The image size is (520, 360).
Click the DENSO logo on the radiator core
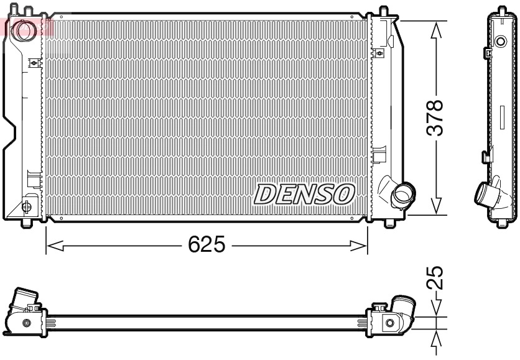tap(304, 195)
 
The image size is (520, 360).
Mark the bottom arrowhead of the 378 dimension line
tap(438, 206)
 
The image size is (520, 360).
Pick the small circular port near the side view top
tap(501, 42)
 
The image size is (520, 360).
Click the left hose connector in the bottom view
tap(25, 300)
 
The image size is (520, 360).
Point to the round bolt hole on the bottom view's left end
tap(26, 323)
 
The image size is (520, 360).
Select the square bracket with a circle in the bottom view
tap(389, 323)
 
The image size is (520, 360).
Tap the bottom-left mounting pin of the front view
tap(26, 222)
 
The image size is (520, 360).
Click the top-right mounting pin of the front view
tap(384, 11)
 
